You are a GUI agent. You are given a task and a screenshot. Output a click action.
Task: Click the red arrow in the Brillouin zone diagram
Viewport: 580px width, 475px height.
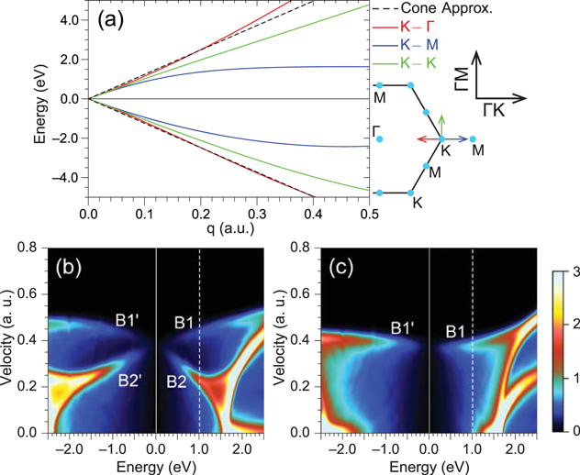point(427,138)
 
